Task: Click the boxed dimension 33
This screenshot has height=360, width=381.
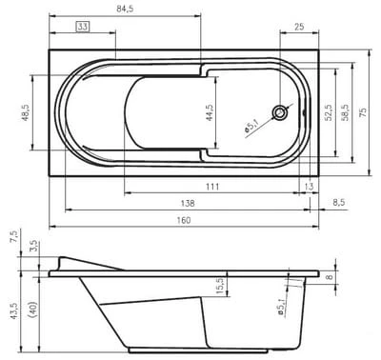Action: (83, 27)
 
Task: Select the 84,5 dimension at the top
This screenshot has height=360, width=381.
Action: (125, 9)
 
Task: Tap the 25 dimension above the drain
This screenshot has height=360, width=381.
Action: (299, 27)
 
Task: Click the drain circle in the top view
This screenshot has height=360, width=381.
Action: (280, 112)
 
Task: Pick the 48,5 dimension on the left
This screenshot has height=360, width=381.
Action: (25, 113)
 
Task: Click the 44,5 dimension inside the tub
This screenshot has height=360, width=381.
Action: (210, 112)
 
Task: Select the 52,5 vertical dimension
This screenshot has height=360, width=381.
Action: (329, 112)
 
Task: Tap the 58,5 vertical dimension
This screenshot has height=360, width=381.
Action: (346, 112)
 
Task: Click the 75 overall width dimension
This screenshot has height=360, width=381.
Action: (363, 112)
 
